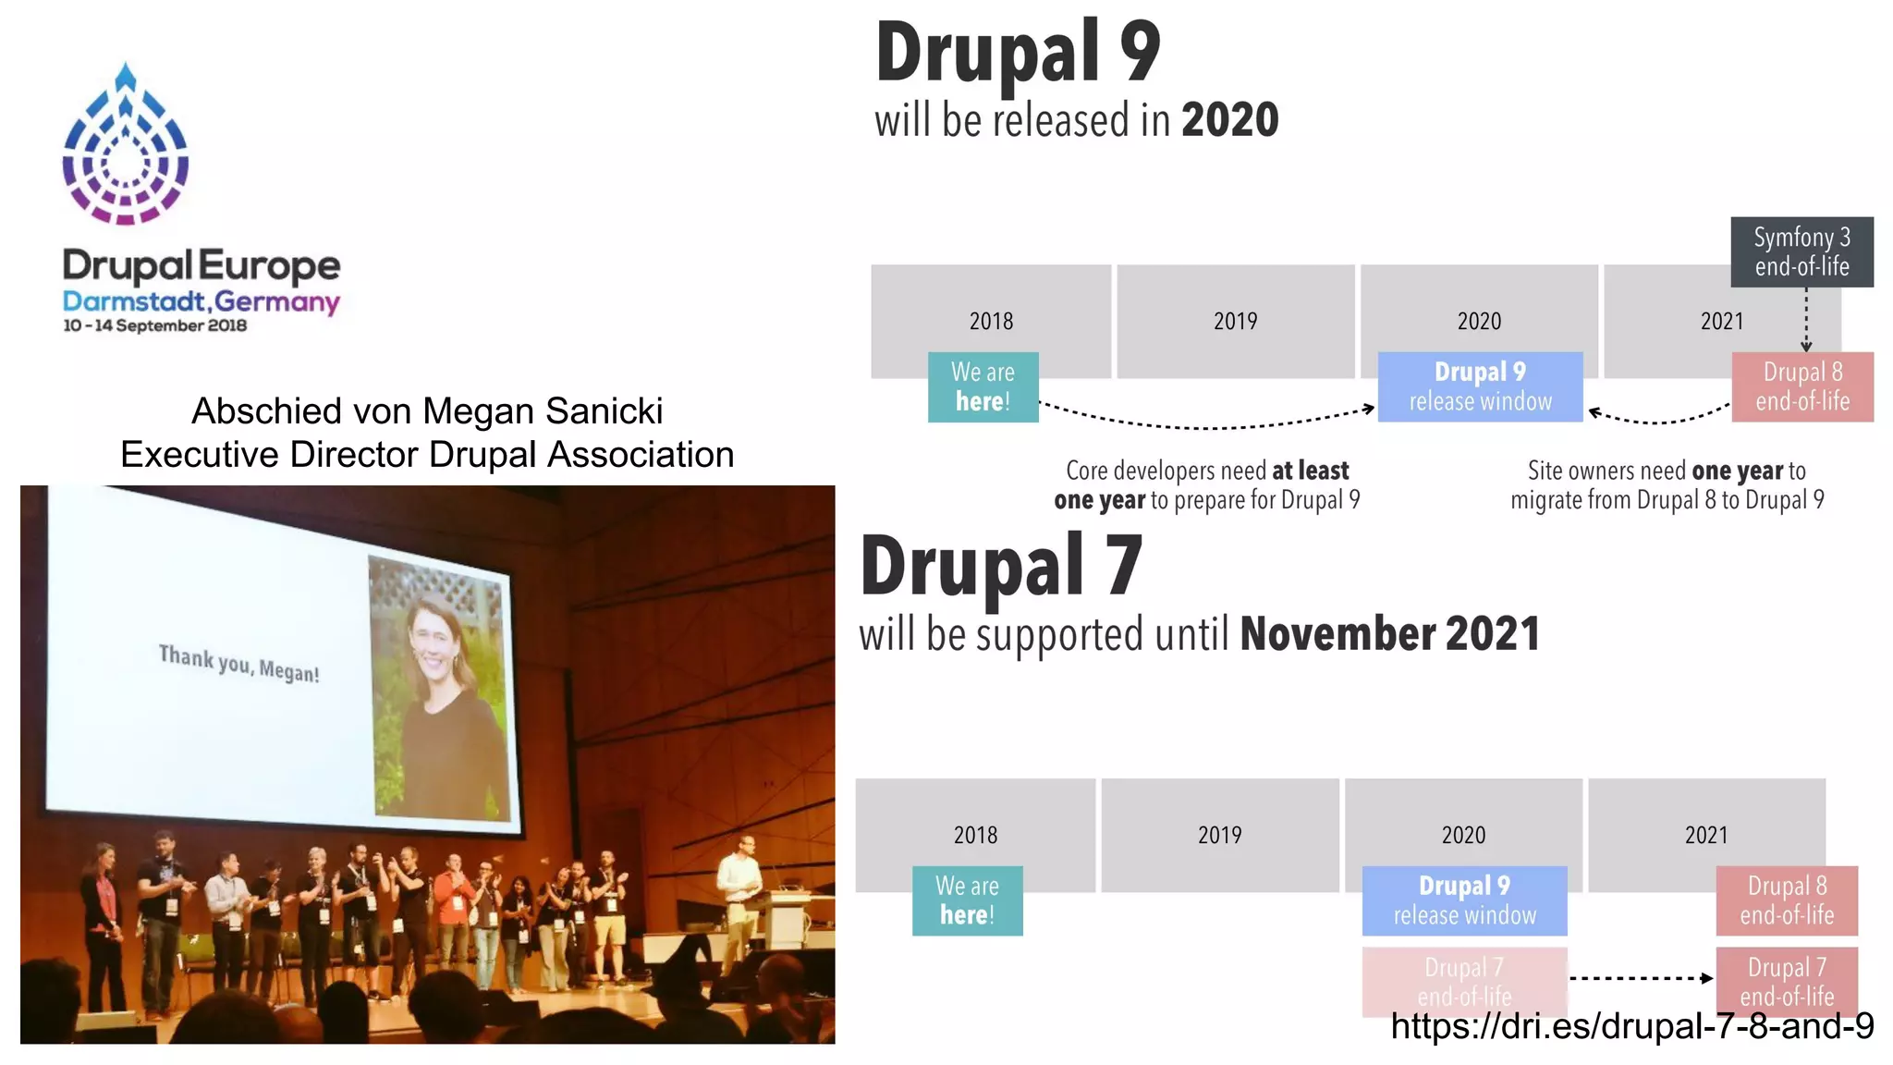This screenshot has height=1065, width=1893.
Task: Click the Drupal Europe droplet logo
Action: click(x=126, y=146)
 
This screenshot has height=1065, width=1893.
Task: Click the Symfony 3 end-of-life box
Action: click(x=1801, y=251)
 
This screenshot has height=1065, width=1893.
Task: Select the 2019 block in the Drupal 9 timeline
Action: click(x=1235, y=321)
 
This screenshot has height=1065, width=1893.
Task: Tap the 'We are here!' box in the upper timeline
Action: click(x=983, y=386)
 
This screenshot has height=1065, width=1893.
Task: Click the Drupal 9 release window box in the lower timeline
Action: click(x=1464, y=900)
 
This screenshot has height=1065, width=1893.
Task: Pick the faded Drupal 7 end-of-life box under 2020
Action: click(x=1464, y=981)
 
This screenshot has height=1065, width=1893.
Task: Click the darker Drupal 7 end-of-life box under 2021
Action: click(x=1786, y=981)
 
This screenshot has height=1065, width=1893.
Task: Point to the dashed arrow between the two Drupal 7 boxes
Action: click(x=1641, y=977)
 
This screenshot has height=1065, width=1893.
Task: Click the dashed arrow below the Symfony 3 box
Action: click(x=1806, y=319)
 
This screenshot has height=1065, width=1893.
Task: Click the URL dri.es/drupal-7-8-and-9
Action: click(x=1631, y=1026)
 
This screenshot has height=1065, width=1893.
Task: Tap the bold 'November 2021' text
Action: click(x=1389, y=634)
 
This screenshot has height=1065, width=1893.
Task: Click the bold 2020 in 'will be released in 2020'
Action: click(x=1229, y=120)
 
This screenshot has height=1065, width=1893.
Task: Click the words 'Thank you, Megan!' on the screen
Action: click(x=238, y=663)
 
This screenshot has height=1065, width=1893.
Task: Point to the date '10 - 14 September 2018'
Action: click(x=154, y=325)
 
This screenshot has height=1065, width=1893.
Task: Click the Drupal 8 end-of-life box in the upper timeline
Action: click(x=1801, y=386)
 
